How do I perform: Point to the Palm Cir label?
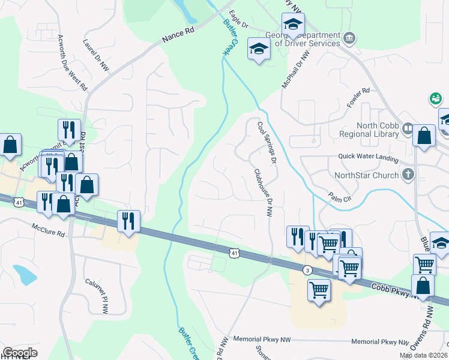[339, 196]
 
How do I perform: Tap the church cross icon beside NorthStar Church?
[408, 175]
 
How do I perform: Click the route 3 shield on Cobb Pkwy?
[307, 270]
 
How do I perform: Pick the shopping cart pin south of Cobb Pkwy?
[319, 290]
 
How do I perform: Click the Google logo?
[20, 353]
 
